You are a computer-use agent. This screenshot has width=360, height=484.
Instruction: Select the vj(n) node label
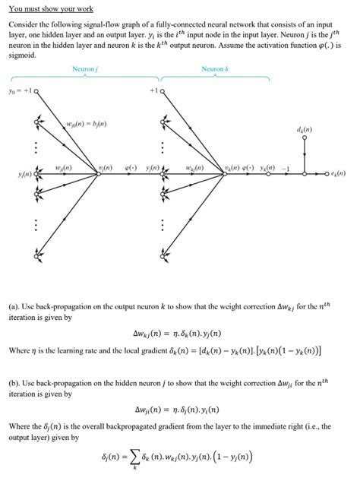pos(105,166)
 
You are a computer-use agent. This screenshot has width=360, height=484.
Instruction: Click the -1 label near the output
pos(287,166)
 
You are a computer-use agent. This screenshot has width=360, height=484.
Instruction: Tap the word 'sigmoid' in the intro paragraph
pos(22,55)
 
